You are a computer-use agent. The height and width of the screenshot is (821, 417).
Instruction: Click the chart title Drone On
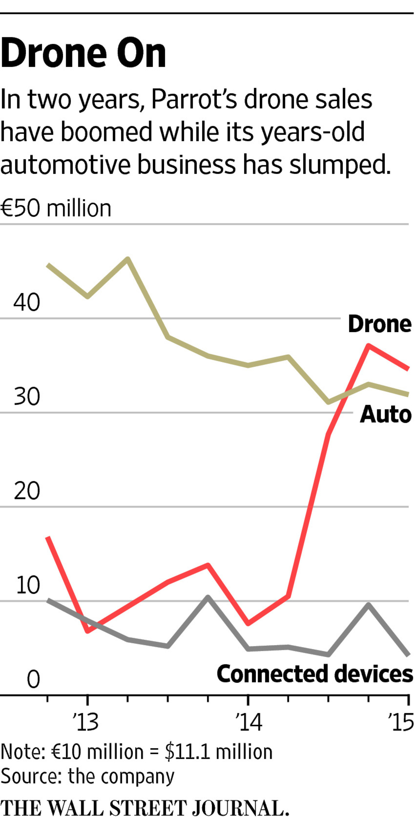pos(83,53)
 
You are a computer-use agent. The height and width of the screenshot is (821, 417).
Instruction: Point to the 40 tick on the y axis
pos(27,302)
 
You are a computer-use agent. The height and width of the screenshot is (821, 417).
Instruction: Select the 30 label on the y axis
pos(27,396)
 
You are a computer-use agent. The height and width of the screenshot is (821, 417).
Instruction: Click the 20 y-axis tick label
pos(27,491)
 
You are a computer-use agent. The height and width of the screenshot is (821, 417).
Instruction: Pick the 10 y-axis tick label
pos(28,585)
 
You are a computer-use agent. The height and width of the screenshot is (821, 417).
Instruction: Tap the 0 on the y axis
pos(33,680)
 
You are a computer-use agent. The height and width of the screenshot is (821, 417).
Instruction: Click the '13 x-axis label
pos(86,723)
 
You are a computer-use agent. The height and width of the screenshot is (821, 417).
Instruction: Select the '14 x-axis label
pos(249,723)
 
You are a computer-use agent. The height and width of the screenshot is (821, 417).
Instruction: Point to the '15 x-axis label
pos(401,723)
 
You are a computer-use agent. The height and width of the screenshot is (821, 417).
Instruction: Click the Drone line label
pos(380,324)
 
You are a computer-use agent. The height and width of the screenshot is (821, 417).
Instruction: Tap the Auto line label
pos(386,414)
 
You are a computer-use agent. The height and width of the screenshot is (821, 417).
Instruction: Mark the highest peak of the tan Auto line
pos(128,259)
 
